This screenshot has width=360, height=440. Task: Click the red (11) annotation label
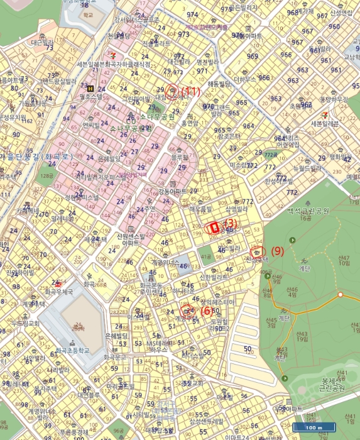coord(190,91)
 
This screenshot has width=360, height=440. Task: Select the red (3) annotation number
coord(230,223)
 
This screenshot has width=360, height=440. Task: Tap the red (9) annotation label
coord(278,250)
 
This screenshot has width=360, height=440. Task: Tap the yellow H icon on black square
coord(92,89)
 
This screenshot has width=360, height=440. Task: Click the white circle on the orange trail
coord(340,294)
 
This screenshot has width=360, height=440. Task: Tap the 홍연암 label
coord(189,124)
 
